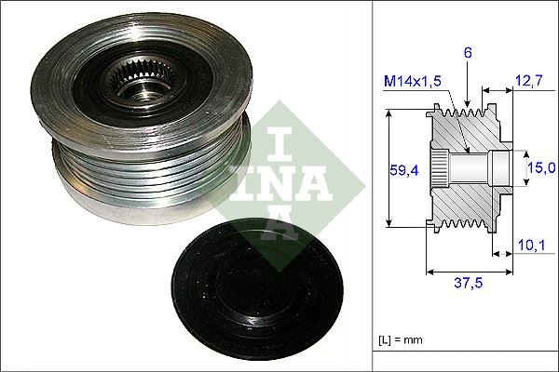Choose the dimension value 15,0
(541, 167)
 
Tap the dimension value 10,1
(529, 246)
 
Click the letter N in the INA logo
(288, 180)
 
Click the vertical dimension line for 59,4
(388, 170)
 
